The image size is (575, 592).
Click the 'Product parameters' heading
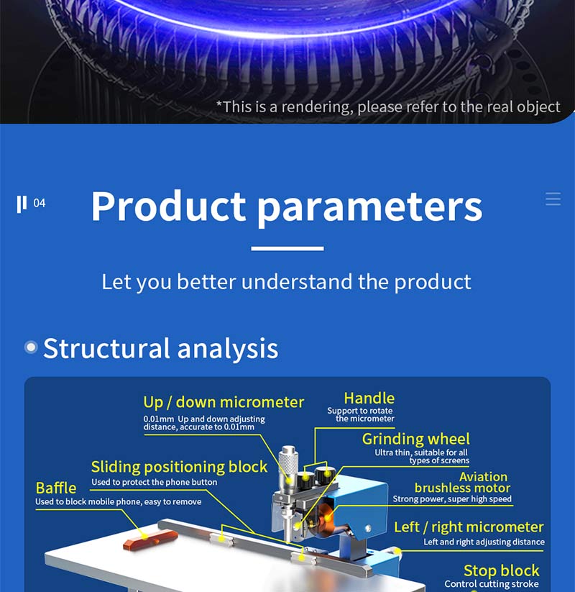tap(287, 206)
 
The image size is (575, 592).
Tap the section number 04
tap(40, 203)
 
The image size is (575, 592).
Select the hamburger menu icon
tap(553, 199)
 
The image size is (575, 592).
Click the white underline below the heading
tap(287, 248)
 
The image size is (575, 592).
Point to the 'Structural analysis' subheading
tap(161, 348)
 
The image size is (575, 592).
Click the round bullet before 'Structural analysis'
tap(31, 347)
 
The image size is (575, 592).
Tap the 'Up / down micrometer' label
tap(224, 402)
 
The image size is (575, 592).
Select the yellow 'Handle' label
tap(369, 399)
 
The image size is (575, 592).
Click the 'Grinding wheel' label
tap(415, 439)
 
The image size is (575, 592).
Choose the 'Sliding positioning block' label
tap(179, 467)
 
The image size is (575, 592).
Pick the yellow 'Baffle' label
tap(56, 488)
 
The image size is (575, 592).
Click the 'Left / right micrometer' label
tap(469, 527)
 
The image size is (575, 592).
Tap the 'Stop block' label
tap(502, 570)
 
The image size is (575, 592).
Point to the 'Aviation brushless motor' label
tap(463, 482)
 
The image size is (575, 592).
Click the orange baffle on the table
tap(150, 539)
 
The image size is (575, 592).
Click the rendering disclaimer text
tap(388, 107)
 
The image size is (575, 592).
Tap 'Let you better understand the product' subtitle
tap(286, 282)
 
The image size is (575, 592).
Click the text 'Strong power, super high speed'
tap(452, 499)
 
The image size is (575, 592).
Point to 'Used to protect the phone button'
tap(155, 482)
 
